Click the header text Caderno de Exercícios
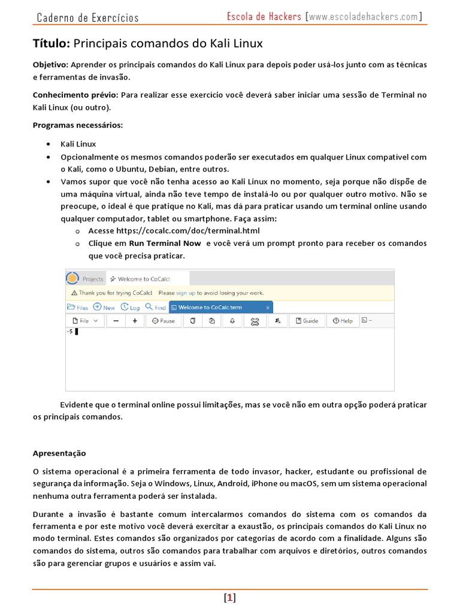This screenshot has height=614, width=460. (x=87, y=17)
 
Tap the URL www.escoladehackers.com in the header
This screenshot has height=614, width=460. (x=364, y=17)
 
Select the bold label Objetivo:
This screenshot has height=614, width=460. (x=51, y=64)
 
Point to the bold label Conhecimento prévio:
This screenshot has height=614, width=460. (x=75, y=95)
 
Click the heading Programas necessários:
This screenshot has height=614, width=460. (x=77, y=125)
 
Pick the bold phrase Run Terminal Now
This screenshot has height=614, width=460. (x=165, y=243)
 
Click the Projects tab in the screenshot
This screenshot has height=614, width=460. (x=93, y=279)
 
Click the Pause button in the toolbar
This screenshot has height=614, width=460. (x=164, y=321)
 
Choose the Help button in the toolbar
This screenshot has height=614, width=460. (x=343, y=321)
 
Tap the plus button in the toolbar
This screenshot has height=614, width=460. (x=135, y=321)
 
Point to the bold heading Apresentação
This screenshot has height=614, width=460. (x=59, y=453)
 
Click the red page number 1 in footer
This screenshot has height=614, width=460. (x=230, y=597)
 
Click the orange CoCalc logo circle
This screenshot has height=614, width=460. (x=72, y=278)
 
